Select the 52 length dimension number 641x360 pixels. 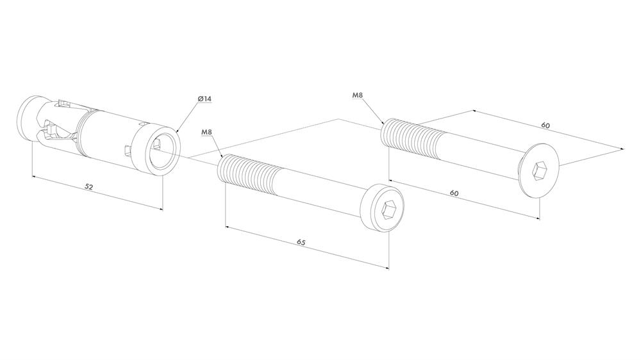(x=89, y=186)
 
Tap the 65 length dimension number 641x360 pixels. (x=301, y=242)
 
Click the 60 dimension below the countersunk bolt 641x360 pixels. (x=454, y=193)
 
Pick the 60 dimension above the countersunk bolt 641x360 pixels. (x=545, y=126)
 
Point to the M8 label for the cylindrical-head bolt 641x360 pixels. (x=207, y=132)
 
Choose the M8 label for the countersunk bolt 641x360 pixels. (x=358, y=95)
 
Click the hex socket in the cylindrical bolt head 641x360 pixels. (x=387, y=211)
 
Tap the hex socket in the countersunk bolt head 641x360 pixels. (x=539, y=171)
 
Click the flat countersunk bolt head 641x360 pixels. (x=539, y=171)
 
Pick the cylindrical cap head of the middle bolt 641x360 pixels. (x=383, y=208)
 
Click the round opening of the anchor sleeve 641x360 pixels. (x=163, y=151)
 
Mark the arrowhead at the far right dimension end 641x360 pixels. (x=622, y=149)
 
